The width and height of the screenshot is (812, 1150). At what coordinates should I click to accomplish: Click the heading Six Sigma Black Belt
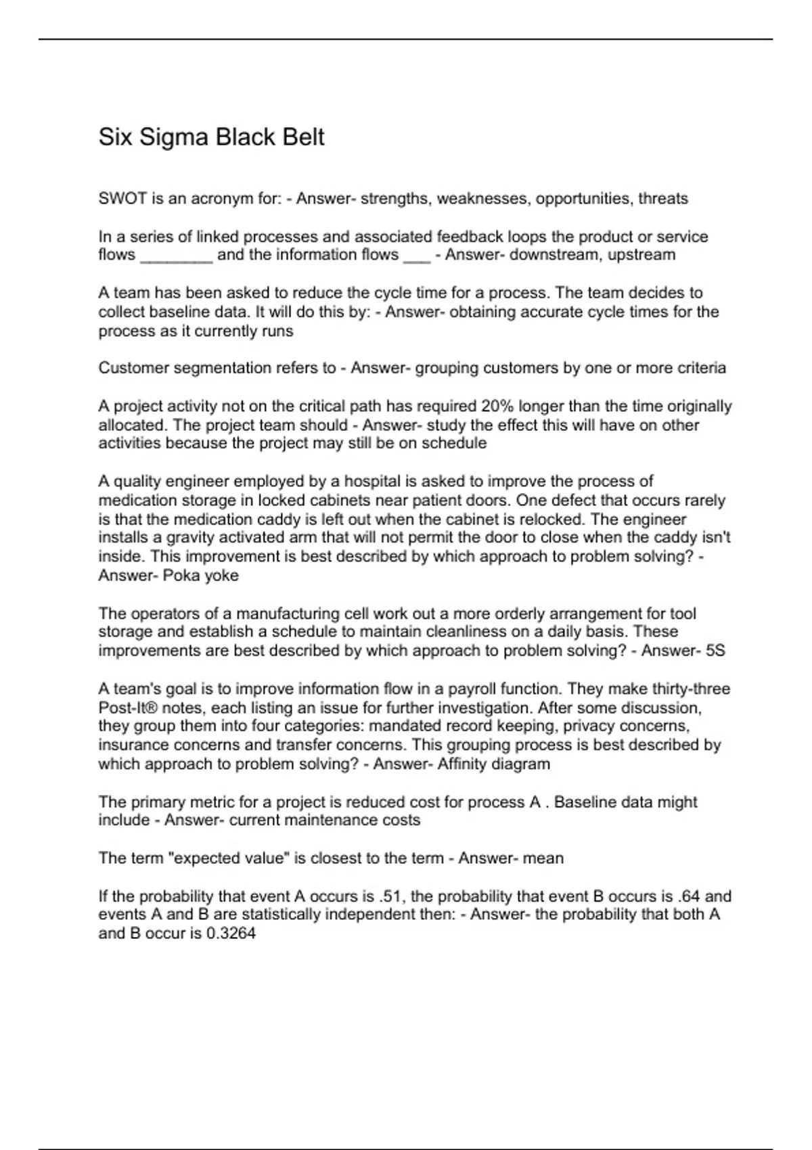[x=211, y=137]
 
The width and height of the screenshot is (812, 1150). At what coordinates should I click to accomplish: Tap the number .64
[x=689, y=897]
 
